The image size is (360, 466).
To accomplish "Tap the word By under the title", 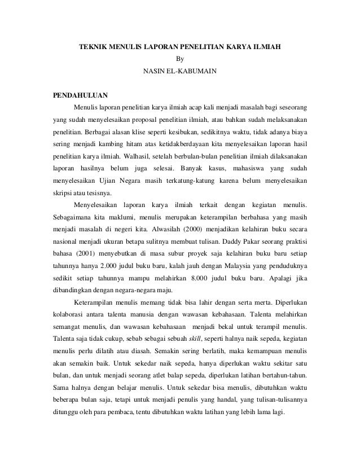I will coord(180,58).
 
